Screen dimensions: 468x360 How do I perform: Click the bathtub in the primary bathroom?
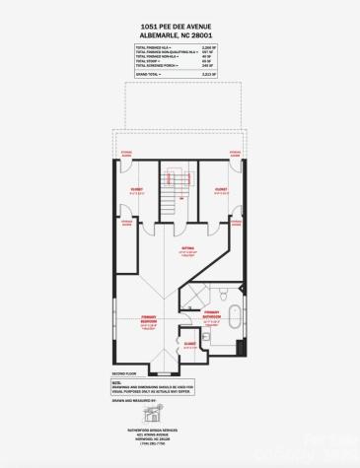tap(236, 319)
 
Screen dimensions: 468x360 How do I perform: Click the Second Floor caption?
tap(122, 373)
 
